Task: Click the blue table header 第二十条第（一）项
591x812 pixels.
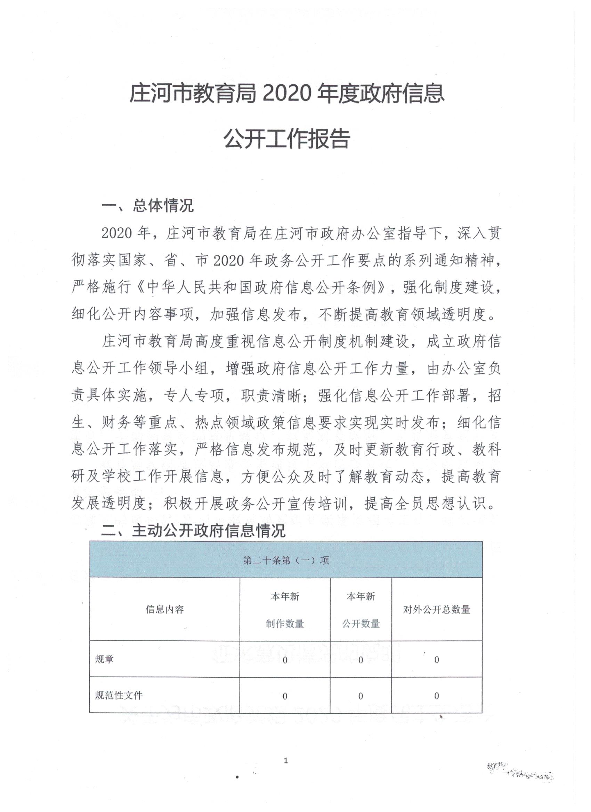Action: click(286, 560)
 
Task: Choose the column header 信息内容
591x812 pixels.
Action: click(164, 610)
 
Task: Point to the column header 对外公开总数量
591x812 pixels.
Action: click(437, 610)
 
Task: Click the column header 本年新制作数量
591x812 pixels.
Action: click(285, 610)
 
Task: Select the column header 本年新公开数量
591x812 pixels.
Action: click(361, 610)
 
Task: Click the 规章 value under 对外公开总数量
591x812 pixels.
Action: click(437, 660)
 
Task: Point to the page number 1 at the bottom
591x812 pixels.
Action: click(286, 761)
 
